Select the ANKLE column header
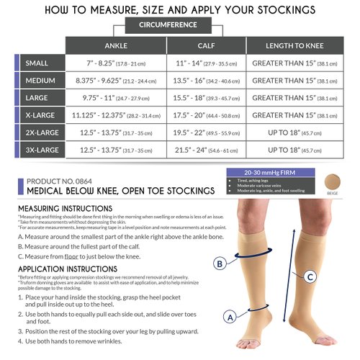[x=116, y=44]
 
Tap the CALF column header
[x=206, y=44]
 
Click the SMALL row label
[x=42, y=63]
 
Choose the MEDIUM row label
[x=42, y=80]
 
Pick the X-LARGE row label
[x=42, y=115]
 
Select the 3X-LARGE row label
[x=42, y=150]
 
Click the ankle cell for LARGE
[x=116, y=97]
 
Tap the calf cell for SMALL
[x=206, y=63]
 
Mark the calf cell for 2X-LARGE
[x=206, y=132]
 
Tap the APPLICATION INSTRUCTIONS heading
[x=63, y=269]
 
